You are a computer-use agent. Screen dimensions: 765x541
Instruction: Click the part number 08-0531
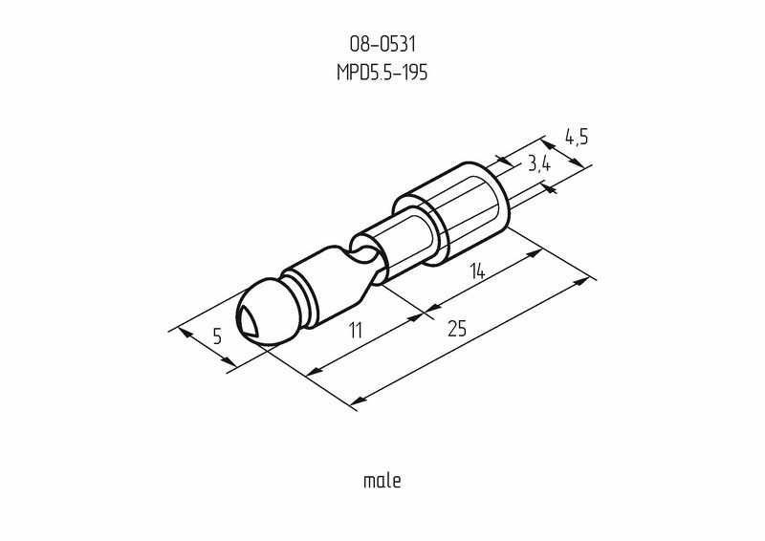(x=382, y=44)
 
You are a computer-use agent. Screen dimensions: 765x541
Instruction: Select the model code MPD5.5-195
(x=382, y=73)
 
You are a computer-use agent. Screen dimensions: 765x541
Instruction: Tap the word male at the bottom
(x=382, y=481)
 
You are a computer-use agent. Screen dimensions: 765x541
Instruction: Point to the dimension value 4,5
(x=577, y=137)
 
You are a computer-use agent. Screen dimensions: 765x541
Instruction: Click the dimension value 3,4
(x=539, y=164)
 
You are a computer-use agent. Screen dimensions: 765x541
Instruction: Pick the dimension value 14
(x=477, y=271)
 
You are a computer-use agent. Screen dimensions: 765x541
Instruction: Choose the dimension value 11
(x=356, y=331)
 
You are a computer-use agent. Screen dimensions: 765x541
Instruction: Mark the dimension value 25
(x=457, y=328)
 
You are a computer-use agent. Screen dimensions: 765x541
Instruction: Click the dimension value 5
(x=218, y=336)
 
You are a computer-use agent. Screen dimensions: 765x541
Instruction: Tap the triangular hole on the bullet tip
(x=249, y=321)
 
